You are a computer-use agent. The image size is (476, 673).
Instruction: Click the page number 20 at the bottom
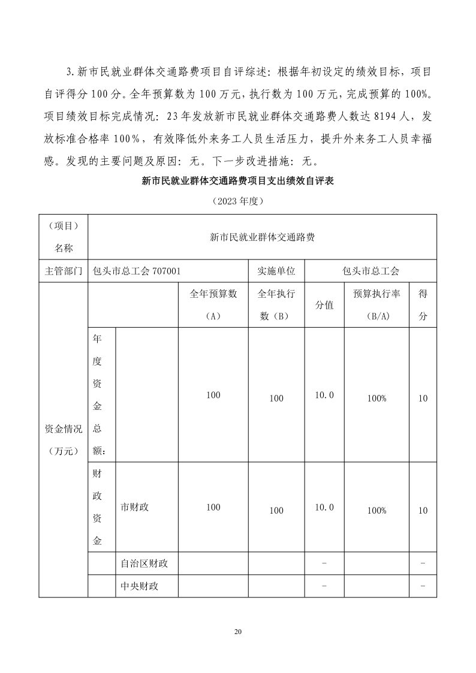238,632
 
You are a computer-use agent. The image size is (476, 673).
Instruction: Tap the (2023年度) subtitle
237,201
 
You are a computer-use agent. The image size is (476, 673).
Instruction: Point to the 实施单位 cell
276,270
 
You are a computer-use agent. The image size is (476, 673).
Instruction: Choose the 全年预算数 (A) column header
213,304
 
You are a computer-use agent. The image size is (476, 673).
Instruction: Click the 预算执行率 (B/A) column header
376,304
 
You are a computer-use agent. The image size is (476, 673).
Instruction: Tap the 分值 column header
324,304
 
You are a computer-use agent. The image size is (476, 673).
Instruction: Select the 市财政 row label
134,507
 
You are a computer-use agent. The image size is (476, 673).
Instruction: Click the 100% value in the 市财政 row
376,511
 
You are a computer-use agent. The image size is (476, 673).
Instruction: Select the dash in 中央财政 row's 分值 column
324,586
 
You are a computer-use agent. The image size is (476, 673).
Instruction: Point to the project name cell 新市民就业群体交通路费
262,237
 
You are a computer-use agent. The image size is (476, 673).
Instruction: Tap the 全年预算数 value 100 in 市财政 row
213,507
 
